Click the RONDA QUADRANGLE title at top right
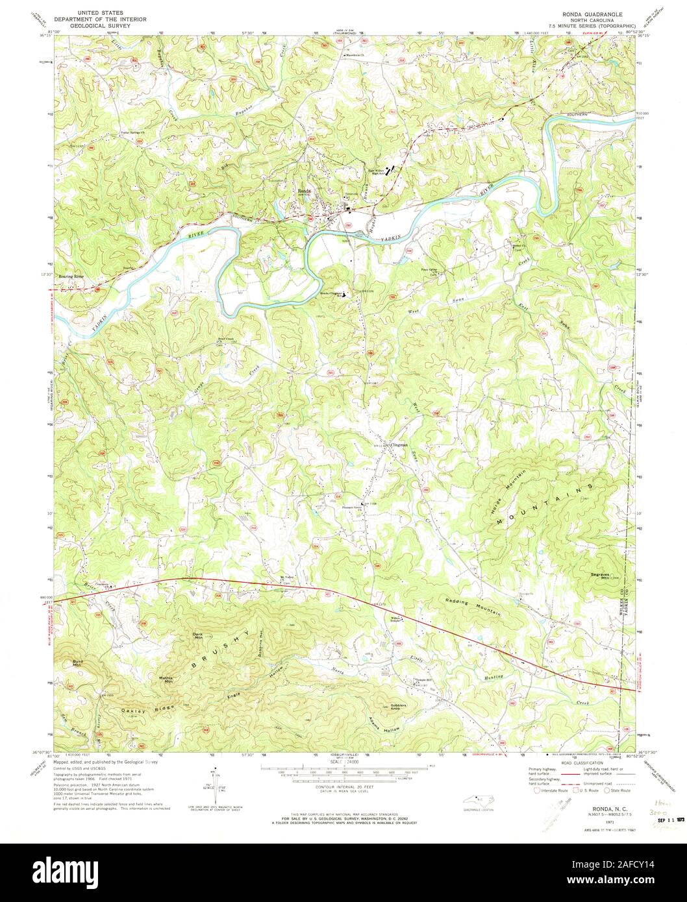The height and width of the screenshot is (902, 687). (592, 12)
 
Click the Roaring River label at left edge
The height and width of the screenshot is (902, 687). (71, 276)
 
